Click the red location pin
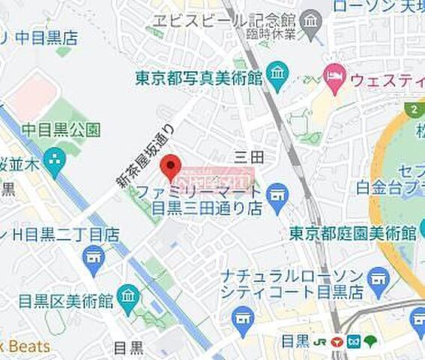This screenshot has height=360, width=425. [x=173, y=166]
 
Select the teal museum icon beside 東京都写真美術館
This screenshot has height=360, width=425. [x=277, y=75]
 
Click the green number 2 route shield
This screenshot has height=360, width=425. [x=413, y=109]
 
